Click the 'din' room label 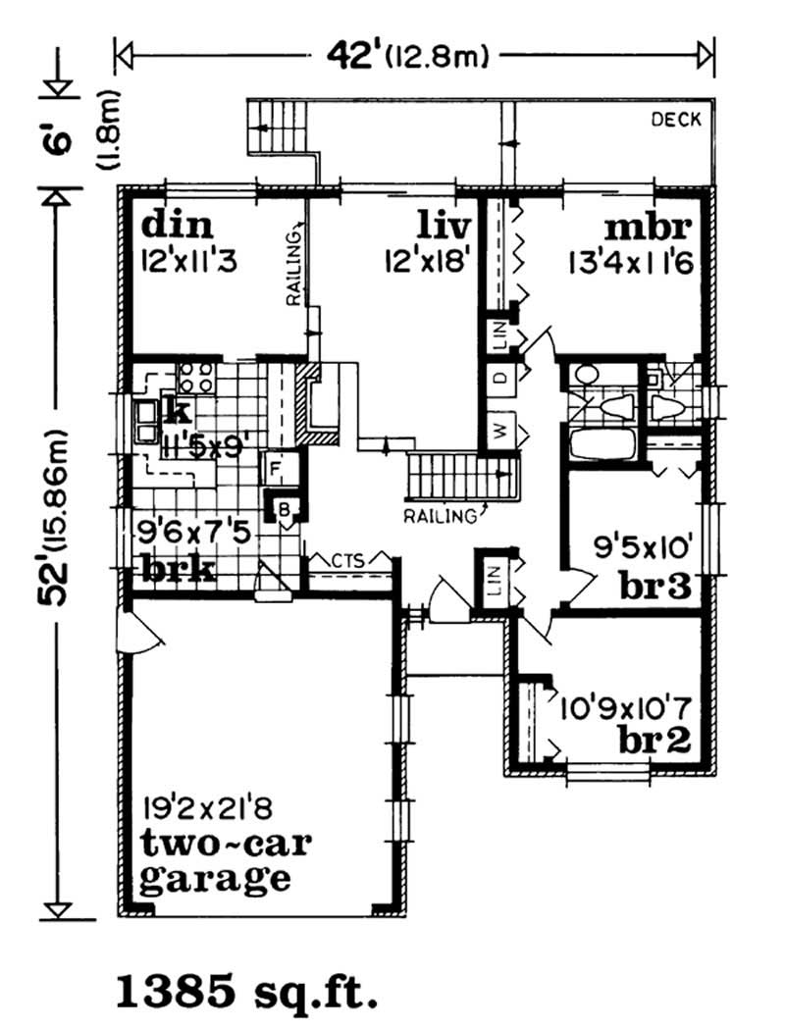tap(178, 227)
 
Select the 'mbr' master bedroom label tap(649, 227)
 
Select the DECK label tap(676, 120)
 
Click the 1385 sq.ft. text tap(247, 991)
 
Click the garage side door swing tap(136, 634)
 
